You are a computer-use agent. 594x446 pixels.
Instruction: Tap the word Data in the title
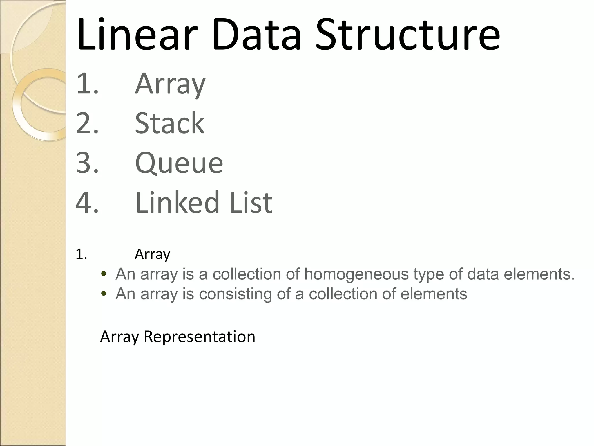(x=256, y=35)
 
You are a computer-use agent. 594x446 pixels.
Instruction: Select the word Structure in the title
(x=407, y=35)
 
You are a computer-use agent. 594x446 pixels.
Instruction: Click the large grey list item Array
(x=170, y=84)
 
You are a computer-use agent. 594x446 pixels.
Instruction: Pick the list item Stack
(x=170, y=123)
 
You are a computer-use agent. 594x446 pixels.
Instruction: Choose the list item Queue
(x=179, y=163)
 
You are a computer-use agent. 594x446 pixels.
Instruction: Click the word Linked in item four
(x=177, y=202)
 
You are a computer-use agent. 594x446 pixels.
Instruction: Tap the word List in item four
(x=251, y=202)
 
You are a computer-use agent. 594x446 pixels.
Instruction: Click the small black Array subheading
(x=152, y=255)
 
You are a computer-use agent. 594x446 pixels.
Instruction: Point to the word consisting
(x=235, y=294)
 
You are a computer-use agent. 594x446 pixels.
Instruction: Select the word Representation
(x=199, y=337)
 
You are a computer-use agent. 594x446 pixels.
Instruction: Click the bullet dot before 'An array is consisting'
(x=103, y=294)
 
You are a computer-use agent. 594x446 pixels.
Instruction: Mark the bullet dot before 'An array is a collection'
(x=103, y=274)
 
